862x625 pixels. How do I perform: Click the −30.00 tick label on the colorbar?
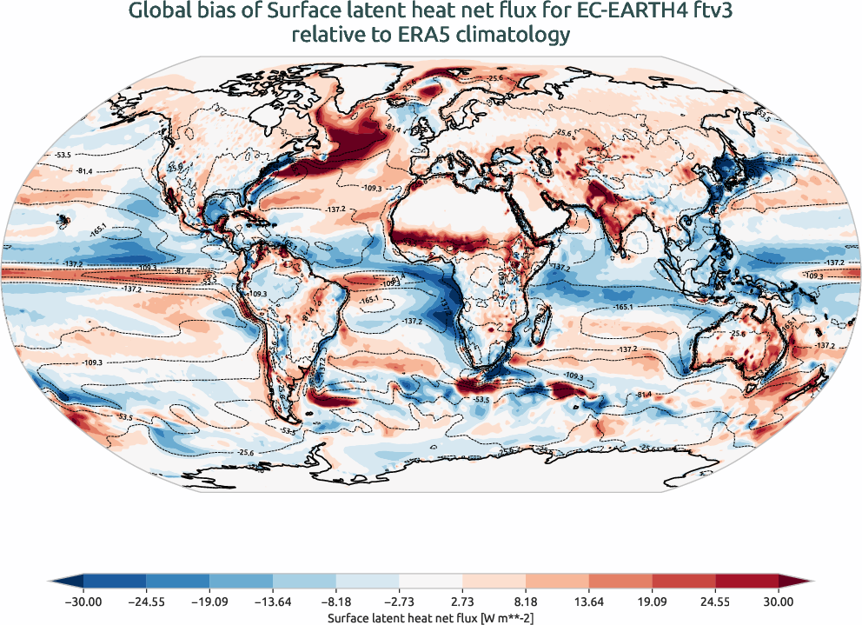[x=84, y=601]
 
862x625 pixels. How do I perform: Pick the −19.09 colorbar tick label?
[x=210, y=601]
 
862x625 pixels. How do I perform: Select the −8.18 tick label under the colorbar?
[x=336, y=601]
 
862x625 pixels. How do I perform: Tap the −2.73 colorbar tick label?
[x=399, y=601]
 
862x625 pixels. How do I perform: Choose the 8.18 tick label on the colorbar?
[x=526, y=601]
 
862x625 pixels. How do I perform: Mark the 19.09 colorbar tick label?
[x=652, y=601]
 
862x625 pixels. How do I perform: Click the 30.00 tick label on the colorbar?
[x=779, y=601]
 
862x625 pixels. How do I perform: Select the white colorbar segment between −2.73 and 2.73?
[x=431, y=581]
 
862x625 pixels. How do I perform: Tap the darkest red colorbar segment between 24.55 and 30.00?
[x=746, y=581]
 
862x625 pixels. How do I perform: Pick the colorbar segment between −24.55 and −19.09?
[x=178, y=581]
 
